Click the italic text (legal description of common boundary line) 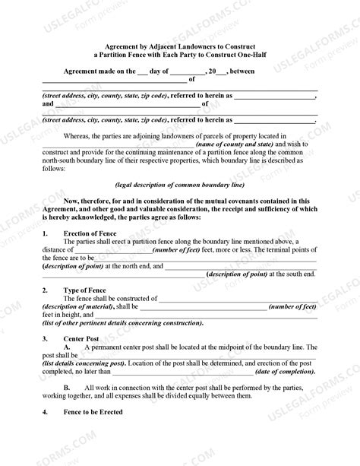(x=179, y=184)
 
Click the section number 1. (x=46, y=232)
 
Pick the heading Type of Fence (x=81, y=290)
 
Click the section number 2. (x=46, y=290)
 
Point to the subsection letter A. (x=68, y=347)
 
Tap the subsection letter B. (x=68, y=388)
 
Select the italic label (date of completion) (x=286, y=372)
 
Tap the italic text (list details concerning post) (x=84, y=363)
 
